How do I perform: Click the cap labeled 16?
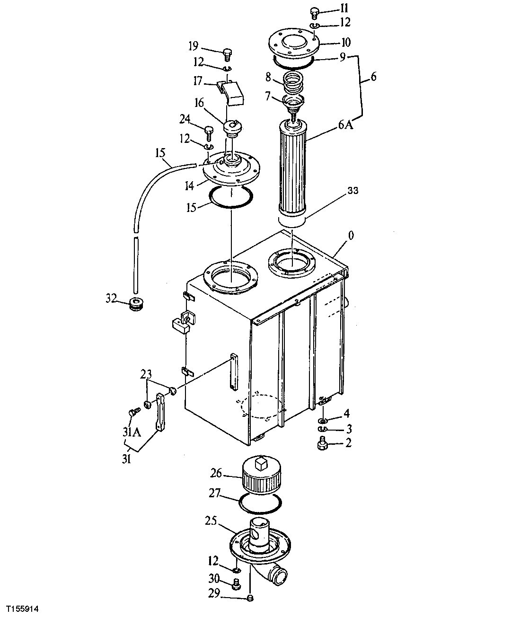tap(232, 128)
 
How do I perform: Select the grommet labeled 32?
tap(138, 303)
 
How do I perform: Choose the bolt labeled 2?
tap(322, 444)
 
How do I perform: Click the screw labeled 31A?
tap(133, 412)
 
